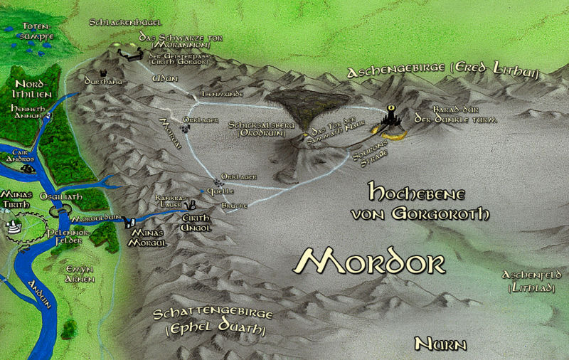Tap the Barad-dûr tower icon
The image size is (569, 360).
coord(392,117)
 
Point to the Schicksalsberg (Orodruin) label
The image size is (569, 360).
coord(257,128)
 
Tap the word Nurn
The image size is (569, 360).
coord(440,344)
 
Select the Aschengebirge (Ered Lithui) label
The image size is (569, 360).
coord(441,70)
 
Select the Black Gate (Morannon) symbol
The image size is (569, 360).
coord(128,54)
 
